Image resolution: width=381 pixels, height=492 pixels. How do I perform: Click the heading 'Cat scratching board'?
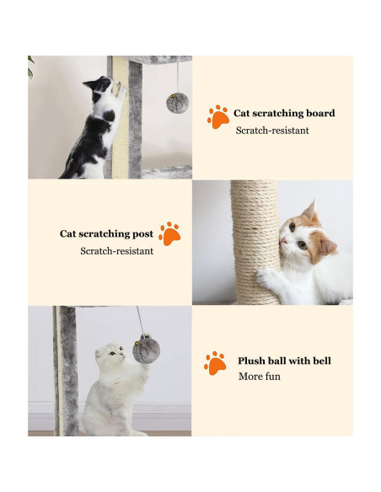coord(284,113)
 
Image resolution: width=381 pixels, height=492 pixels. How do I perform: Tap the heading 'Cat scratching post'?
coord(106,234)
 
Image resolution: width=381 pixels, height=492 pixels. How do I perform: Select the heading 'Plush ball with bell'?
coord(284,361)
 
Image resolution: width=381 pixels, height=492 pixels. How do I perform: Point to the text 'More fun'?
coord(260,377)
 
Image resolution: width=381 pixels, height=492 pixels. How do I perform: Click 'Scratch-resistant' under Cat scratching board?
coord(272,131)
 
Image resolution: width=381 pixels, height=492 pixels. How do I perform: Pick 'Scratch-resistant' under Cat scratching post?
coord(117,251)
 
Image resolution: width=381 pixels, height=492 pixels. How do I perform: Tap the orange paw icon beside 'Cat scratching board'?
coord(217,116)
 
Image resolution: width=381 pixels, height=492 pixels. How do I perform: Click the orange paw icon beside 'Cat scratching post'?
coord(169,233)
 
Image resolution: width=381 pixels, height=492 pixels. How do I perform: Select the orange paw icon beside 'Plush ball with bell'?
coord(215,363)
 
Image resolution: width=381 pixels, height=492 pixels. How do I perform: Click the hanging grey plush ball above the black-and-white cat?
coord(177,103)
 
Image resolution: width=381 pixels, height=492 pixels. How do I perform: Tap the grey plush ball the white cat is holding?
coord(147,349)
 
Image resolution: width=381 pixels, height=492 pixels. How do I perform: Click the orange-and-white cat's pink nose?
coord(283,241)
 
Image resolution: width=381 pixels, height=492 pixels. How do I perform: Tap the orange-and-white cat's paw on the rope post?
coord(265,278)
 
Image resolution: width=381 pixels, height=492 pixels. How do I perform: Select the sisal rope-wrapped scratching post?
coord(255,243)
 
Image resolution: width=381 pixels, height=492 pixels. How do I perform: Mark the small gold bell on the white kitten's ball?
coord(137,344)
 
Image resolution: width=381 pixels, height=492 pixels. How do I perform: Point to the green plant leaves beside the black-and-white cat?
coord(30,67)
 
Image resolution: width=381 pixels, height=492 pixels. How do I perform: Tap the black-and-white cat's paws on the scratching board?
coord(119,89)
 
